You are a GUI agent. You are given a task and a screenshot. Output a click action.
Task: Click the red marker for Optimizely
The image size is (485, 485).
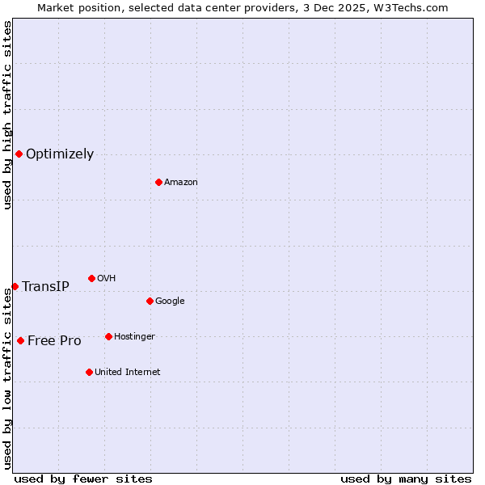[x=19, y=154]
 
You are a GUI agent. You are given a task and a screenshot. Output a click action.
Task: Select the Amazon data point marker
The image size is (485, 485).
[x=158, y=182]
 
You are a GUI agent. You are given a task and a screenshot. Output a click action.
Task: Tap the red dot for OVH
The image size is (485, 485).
[x=91, y=278]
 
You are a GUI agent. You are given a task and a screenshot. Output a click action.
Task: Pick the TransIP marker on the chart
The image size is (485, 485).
[x=15, y=286]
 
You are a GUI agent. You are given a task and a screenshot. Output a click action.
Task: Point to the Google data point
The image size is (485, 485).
[x=150, y=301]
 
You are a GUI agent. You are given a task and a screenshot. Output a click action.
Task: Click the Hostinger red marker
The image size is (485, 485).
[x=108, y=336]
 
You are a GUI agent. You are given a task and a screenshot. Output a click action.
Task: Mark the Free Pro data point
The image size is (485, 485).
[x=20, y=340]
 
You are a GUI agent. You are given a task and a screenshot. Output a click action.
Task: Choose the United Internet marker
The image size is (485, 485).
[x=89, y=372]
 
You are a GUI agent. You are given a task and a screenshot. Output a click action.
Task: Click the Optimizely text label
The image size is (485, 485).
[x=60, y=154]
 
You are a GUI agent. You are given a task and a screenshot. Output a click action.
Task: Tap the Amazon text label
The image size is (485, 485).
[x=180, y=183]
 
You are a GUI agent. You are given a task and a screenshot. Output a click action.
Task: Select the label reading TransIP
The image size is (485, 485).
[x=45, y=287]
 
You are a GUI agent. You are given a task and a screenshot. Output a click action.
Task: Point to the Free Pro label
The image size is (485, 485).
[x=54, y=341]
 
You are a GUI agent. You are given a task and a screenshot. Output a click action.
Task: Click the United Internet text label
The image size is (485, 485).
[x=127, y=373]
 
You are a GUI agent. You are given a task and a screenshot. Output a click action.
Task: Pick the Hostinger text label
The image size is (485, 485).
[x=134, y=337]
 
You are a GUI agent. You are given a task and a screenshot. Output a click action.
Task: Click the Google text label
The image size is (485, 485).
[x=170, y=302]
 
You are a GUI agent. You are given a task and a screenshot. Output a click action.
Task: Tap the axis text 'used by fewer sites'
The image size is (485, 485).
[x=83, y=479]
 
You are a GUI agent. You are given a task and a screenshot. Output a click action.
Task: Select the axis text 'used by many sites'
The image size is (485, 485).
[x=406, y=479]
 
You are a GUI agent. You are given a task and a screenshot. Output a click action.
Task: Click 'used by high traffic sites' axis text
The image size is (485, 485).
[x=7, y=115]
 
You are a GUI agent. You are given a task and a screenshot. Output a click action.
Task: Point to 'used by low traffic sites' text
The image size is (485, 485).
[x=7, y=378]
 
